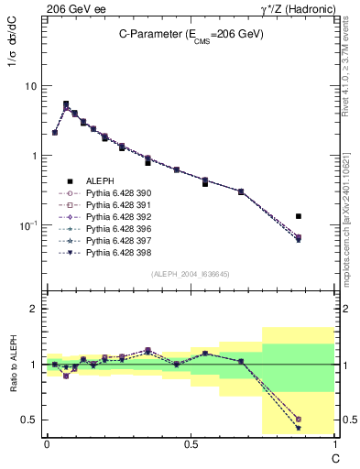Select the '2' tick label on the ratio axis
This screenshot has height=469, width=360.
tap(34, 309)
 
